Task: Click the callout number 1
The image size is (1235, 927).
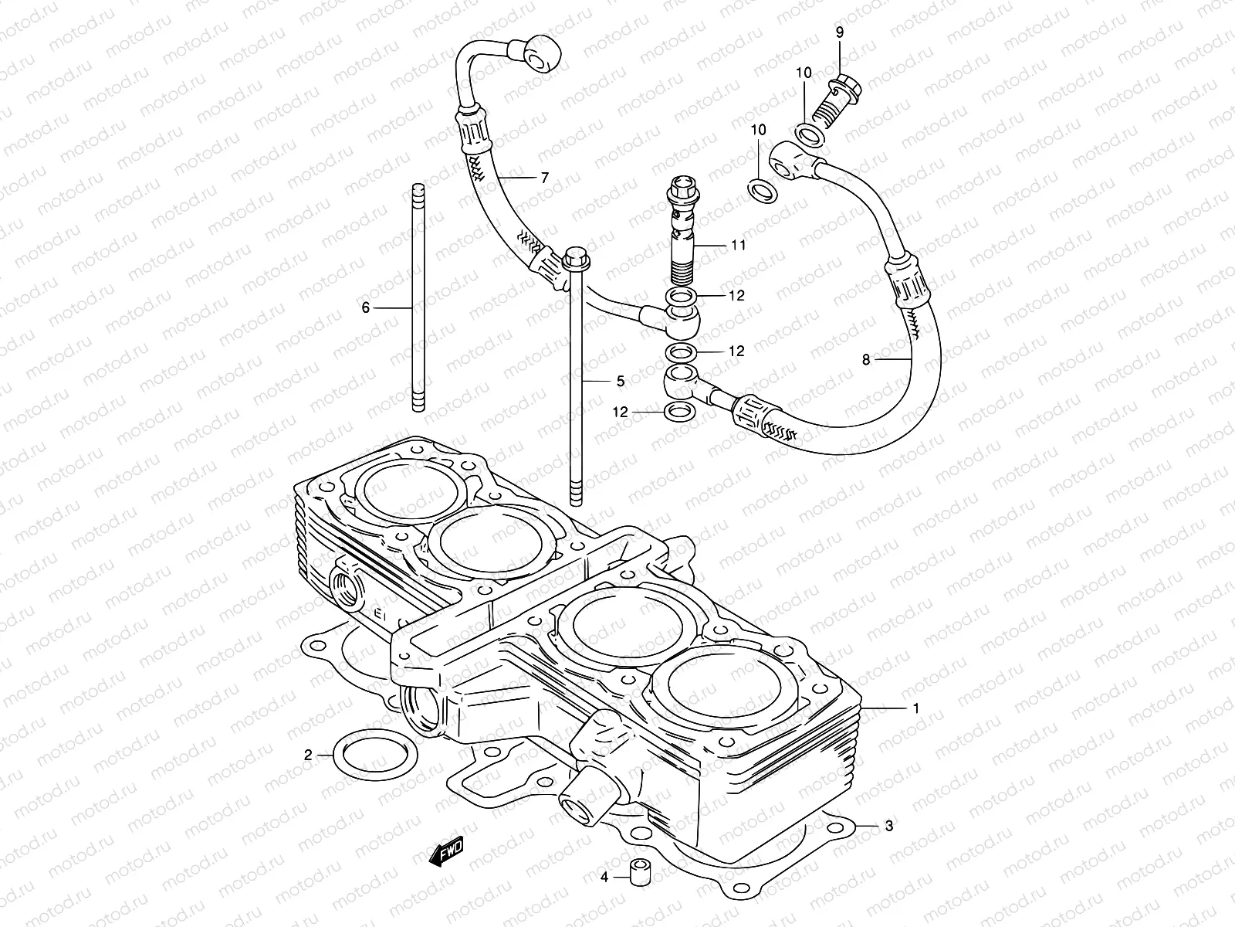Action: tap(915, 708)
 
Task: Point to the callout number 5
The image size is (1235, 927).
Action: tap(620, 381)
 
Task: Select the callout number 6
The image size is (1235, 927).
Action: tap(367, 307)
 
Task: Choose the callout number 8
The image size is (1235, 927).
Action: tap(865, 359)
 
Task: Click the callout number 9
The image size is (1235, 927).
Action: tap(840, 32)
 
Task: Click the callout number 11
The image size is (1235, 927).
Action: tap(739, 246)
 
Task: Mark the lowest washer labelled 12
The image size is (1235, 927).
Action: tap(678, 412)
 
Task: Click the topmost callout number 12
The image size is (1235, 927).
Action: tap(736, 296)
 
